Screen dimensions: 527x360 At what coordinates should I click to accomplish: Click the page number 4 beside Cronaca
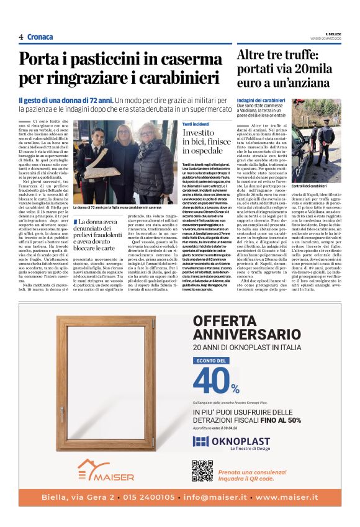coord(20,37)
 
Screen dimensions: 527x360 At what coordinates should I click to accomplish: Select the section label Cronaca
coord(40,37)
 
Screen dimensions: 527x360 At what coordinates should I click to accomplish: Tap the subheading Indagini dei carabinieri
coord(261,100)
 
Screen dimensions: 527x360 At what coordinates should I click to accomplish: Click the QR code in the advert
coord(202,471)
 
